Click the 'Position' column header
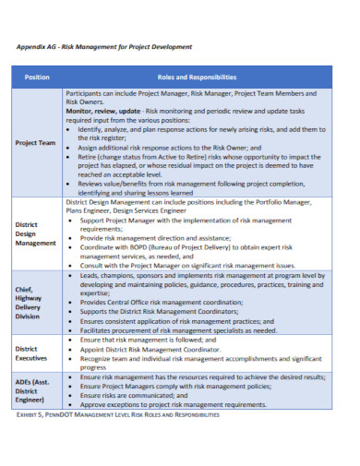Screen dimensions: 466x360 37,77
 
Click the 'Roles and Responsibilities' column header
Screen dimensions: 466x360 197,77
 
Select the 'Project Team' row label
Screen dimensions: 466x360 36,143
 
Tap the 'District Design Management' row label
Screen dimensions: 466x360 36,233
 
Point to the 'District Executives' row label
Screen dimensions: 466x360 35,353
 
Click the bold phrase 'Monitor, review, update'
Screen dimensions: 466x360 104,110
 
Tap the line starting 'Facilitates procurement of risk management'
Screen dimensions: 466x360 177,330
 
